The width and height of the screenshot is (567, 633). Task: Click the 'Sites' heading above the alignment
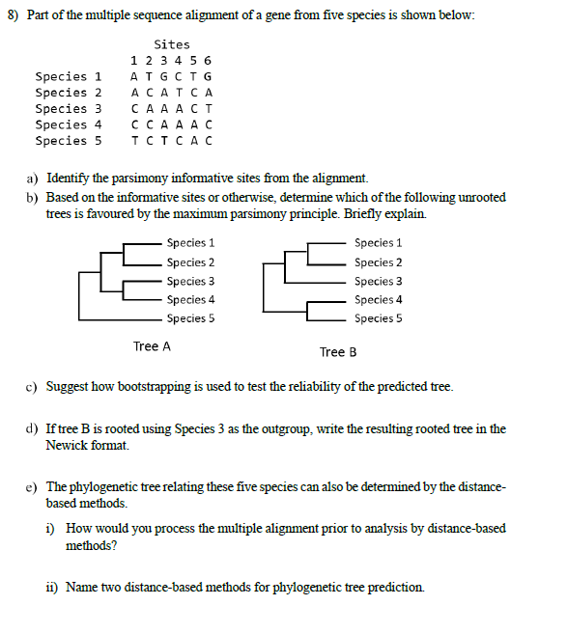[x=172, y=44]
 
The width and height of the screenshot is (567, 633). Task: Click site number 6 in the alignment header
[x=209, y=61]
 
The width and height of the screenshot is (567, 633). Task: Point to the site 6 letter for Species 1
[x=209, y=76]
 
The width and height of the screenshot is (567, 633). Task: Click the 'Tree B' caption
[x=338, y=352]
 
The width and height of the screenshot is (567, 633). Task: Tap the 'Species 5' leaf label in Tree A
[x=190, y=318]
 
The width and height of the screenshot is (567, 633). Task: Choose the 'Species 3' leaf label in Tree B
[x=378, y=282]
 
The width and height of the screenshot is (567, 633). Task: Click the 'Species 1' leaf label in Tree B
[x=378, y=243]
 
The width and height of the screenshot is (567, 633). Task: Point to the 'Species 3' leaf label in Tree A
[x=190, y=282]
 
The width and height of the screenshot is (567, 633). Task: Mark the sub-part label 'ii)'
[x=53, y=588]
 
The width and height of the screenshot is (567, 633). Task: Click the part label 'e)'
[x=32, y=487]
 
